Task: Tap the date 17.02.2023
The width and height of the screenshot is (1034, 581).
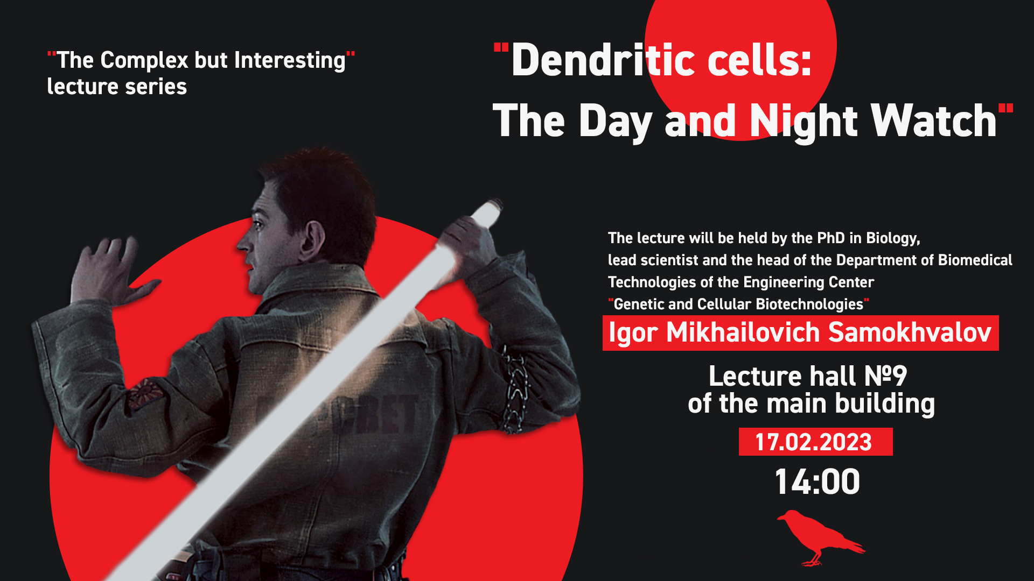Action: coord(813,442)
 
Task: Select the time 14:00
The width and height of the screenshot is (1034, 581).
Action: coord(817,481)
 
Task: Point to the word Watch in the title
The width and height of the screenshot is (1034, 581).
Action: coord(934,121)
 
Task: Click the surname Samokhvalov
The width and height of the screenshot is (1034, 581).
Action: coord(910,332)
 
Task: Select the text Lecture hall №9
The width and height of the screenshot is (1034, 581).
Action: coord(808,376)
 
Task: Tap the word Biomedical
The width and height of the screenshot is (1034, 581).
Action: coord(975,260)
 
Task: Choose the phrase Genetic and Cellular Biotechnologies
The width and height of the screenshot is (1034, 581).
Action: coord(738,304)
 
